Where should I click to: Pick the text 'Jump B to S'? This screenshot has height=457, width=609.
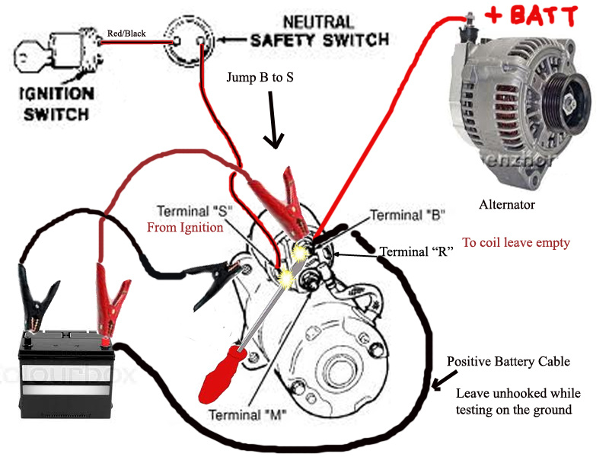(x=260, y=78)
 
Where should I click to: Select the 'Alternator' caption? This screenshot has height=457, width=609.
(x=507, y=204)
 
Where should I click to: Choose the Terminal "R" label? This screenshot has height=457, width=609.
(x=416, y=251)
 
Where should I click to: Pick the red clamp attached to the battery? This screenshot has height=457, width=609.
(x=107, y=297)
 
